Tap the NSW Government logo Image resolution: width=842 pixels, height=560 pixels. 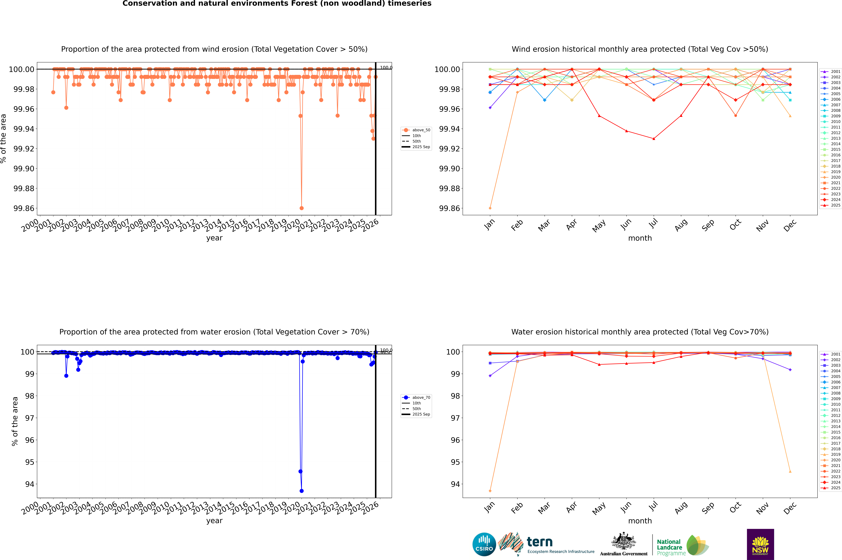click(760, 544)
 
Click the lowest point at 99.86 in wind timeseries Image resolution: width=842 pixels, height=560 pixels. click(302, 208)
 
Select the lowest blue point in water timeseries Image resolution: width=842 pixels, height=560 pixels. click(302, 491)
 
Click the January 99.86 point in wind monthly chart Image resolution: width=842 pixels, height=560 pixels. click(490, 208)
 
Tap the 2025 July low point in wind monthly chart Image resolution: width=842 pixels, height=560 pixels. click(654, 139)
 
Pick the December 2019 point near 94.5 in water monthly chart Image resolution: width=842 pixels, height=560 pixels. click(790, 471)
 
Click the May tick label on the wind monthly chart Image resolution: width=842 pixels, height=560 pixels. click(599, 226)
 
